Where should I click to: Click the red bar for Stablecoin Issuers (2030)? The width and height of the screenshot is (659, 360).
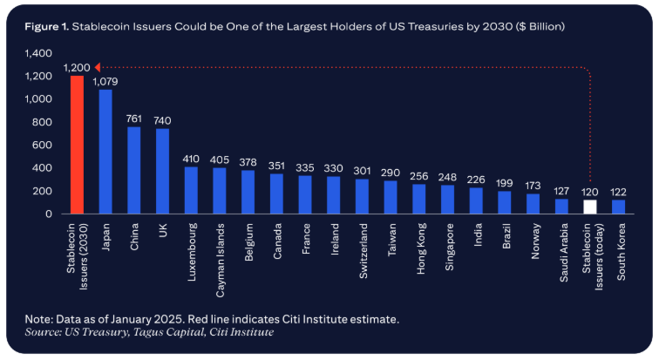point(77,145)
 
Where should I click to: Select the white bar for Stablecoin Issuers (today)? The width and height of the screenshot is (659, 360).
point(590,207)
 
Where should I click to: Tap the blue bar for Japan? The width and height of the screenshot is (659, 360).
point(105,152)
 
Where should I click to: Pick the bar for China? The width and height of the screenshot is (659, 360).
point(133,171)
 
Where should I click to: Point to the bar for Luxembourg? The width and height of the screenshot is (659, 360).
point(191,191)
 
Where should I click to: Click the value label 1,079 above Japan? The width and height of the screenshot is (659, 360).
point(105,82)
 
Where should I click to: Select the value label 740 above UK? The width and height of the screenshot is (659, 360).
point(162,121)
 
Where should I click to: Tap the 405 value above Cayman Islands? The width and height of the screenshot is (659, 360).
point(219,160)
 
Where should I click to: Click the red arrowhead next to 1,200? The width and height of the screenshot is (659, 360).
point(98,66)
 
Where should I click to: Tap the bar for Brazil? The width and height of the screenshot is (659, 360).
point(505,202)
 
